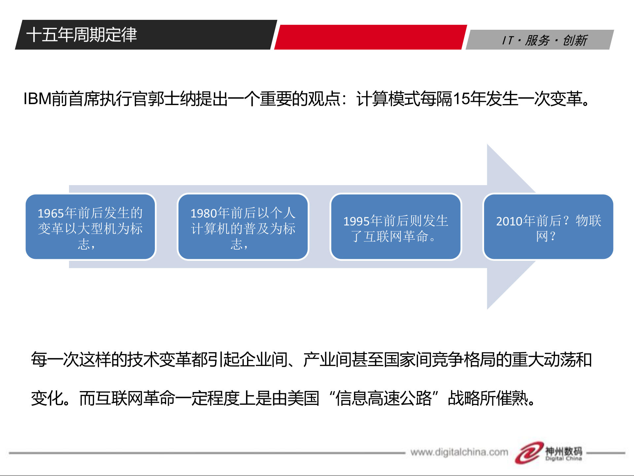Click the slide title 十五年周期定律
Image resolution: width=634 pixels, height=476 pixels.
coord(82,35)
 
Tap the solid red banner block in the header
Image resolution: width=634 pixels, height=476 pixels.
coord(370,37)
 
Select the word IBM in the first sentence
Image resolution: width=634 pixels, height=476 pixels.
coord(37,99)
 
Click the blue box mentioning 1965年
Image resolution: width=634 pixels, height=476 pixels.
coord(90,227)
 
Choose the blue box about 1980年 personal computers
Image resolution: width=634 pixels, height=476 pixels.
coord(243,227)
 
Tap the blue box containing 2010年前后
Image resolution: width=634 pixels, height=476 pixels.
coord(548,227)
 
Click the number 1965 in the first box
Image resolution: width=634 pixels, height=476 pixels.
coord(51,214)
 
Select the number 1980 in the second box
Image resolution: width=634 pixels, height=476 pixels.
coord(203,214)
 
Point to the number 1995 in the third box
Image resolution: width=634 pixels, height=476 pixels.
coord(356,221)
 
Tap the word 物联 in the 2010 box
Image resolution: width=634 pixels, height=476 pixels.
coord(588,221)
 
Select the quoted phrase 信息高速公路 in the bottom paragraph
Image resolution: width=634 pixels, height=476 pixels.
coord(384,398)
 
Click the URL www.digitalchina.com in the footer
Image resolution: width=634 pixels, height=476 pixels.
coord(459,452)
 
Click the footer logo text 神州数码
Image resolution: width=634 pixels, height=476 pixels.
coord(563,451)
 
